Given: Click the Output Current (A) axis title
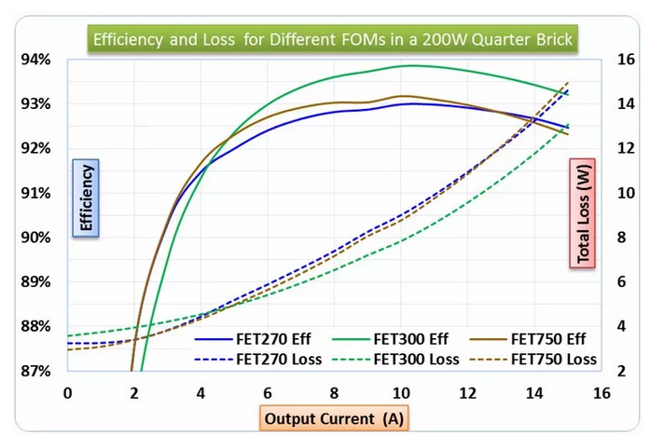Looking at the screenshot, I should coord(333,418).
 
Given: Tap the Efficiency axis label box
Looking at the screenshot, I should coord(86,198).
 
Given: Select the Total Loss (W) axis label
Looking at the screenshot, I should coord(583,210).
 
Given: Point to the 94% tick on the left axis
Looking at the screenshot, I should coord(35,61).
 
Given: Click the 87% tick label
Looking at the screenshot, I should coord(35,370).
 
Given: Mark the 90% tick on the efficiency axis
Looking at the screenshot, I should coord(35,238).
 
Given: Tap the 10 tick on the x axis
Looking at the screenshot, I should coord(400,392).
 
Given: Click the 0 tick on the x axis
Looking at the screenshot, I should coord(67,392).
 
